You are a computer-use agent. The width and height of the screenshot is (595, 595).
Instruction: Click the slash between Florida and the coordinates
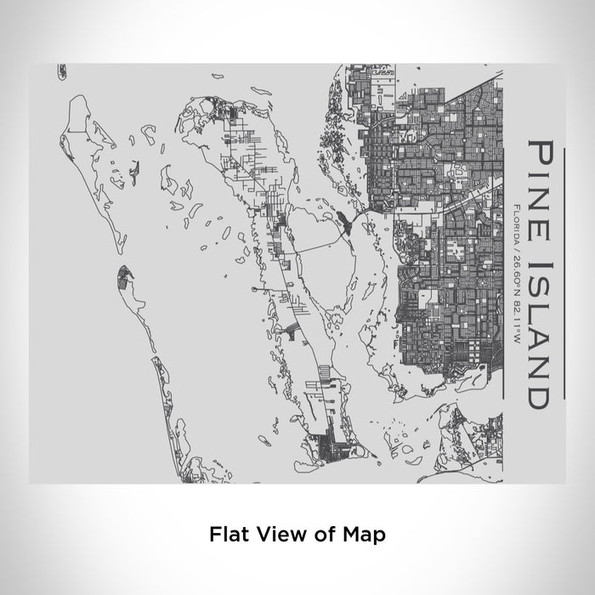tap(517, 241)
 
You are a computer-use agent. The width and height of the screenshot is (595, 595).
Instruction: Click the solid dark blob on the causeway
tap(348, 224)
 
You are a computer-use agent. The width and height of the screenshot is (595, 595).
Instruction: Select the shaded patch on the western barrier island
tap(125, 276)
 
